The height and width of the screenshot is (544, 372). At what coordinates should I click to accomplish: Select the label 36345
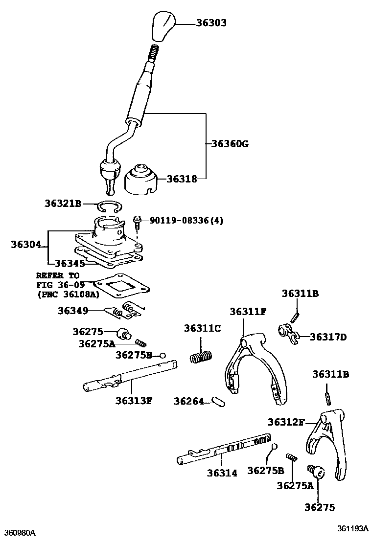point(70,263)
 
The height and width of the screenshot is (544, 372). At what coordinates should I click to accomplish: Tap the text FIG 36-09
point(60,285)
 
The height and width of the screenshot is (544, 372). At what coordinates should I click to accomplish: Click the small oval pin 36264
point(215,401)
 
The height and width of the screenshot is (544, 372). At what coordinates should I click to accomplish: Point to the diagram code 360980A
point(21,532)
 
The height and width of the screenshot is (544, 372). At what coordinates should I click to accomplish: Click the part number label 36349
point(73,311)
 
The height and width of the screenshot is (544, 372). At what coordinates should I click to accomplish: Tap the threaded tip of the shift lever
point(153,51)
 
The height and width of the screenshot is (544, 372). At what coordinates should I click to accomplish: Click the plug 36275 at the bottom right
point(316,473)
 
